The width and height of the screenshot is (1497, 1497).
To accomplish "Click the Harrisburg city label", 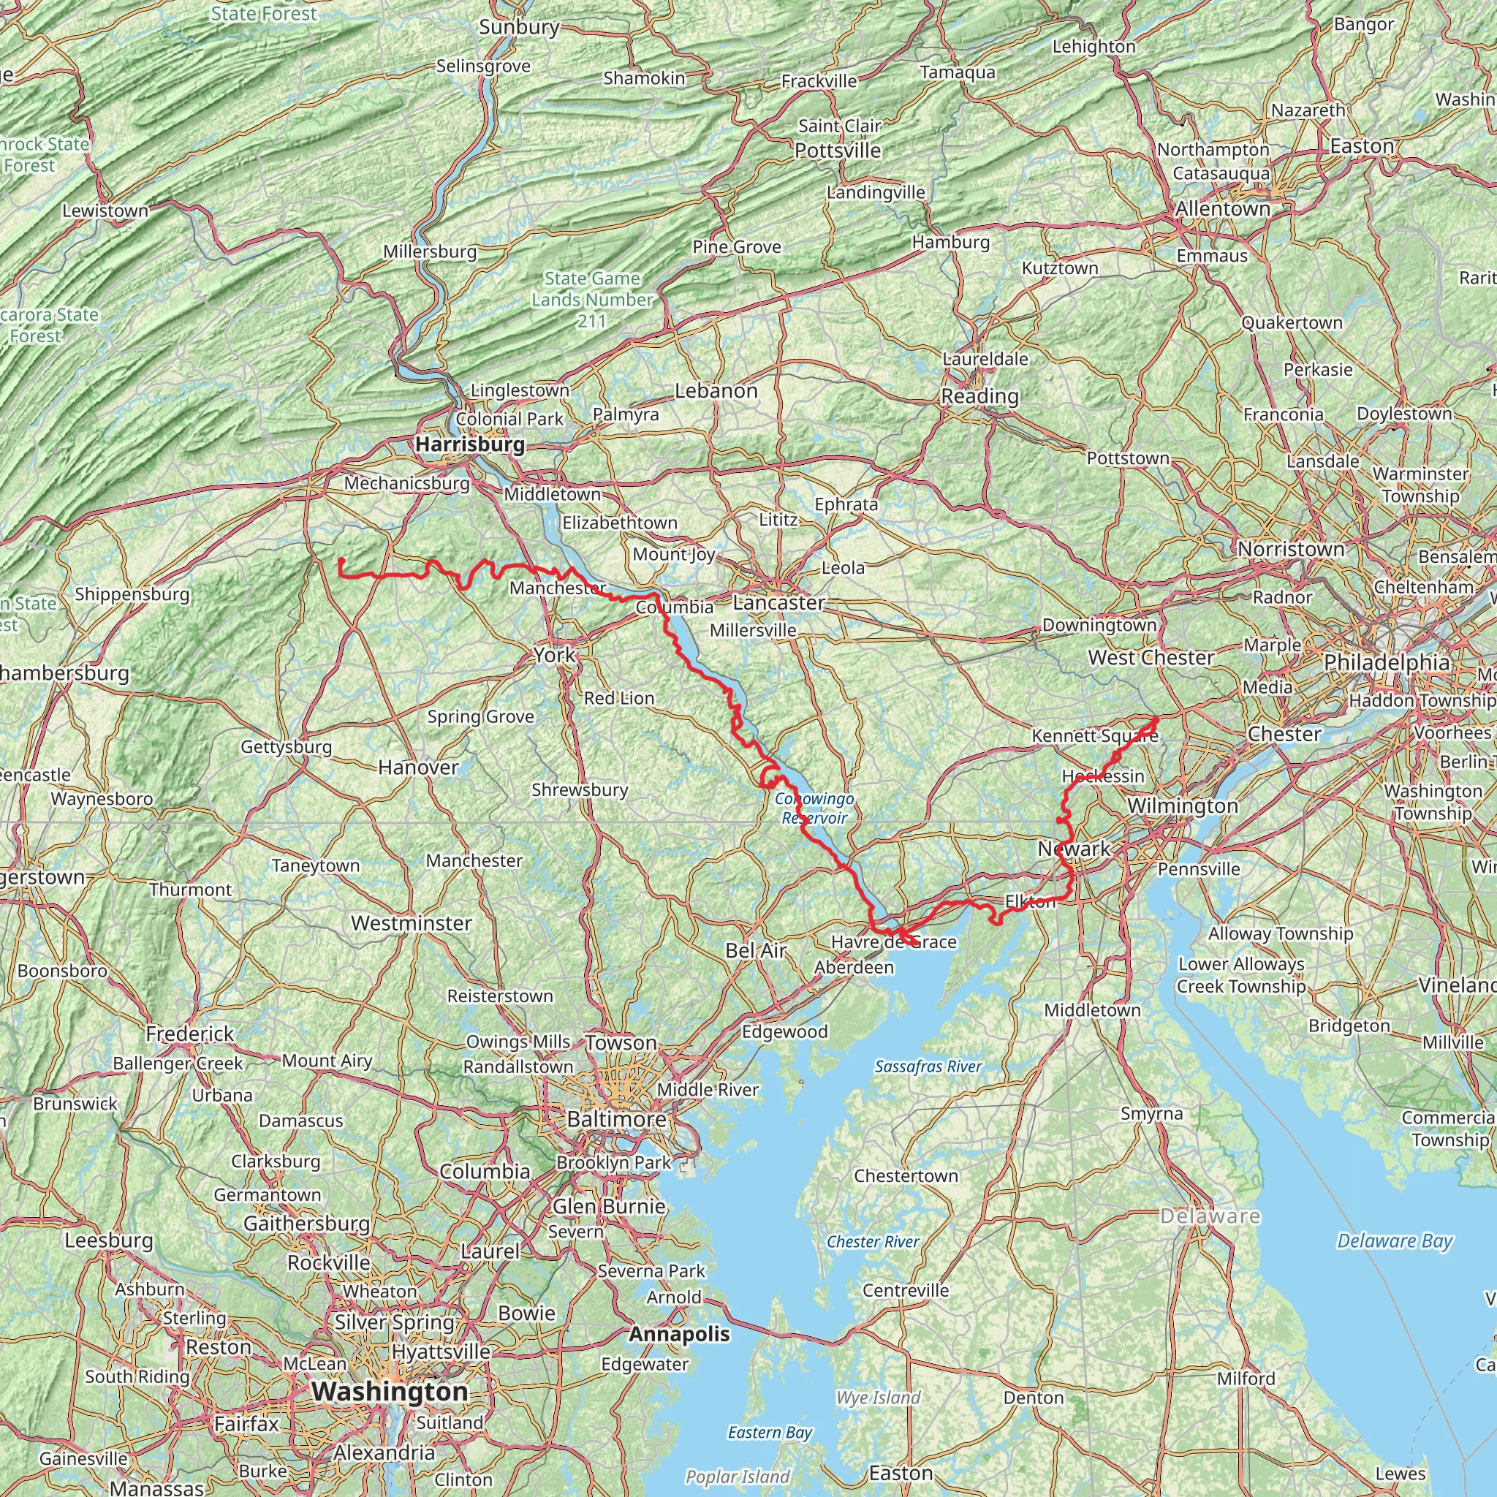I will (x=469, y=444).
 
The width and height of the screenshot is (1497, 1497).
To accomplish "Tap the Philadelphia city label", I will (x=1386, y=662).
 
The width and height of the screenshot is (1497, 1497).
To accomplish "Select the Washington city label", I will (x=390, y=1392).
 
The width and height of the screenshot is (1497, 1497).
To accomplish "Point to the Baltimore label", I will (x=616, y=1120).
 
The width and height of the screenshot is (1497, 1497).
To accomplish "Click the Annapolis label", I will (x=679, y=1334).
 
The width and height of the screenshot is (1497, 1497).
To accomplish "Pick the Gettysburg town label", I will (x=286, y=747).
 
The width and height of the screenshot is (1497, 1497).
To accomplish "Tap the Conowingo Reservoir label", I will (x=814, y=808).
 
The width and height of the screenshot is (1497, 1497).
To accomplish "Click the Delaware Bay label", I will (x=1394, y=1241).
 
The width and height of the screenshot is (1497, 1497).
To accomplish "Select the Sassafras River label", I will (x=928, y=1067).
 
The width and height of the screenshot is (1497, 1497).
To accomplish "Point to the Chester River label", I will (x=873, y=1241).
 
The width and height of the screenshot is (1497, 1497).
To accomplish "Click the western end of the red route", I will (x=341, y=560).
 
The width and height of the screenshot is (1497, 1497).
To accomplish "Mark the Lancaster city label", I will (x=778, y=603).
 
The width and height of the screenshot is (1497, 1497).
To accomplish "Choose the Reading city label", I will (x=979, y=397).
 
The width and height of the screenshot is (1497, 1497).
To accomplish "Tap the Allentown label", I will (x=1222, y=209).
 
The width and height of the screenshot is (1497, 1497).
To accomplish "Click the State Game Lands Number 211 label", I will (x=592, y=299).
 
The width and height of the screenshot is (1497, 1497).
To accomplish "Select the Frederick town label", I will (x=190, y=1034).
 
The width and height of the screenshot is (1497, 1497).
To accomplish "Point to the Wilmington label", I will (x=1182, y=806).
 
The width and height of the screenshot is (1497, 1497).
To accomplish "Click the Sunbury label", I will (x=519, y=27).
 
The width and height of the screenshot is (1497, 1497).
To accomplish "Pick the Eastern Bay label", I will (x=770, y=1432).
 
